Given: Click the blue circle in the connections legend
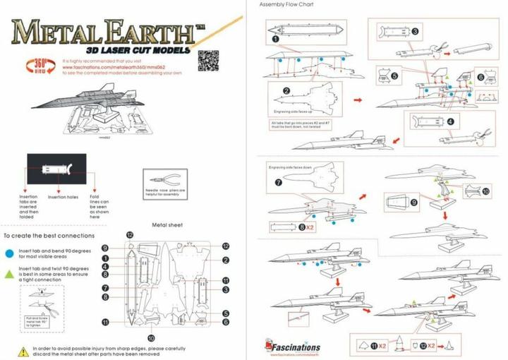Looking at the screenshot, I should pyautogui.click(x=9, y=251).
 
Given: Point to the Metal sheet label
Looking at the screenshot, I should pyautogui.click(x=169, y=226).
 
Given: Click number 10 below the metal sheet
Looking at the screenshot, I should pyautogui.click(x=151, y=338).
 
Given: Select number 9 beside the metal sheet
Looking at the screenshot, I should pyautogui.click(x=104, y=248).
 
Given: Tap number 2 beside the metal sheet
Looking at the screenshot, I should pyautogui.click(x=226, y=260).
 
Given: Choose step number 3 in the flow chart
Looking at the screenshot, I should pyautogui.click(x=415, y=31).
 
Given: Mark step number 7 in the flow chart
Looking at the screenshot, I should pyautogui.click(x=277, y=182).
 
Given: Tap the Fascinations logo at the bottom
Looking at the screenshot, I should pyautogui.click(x=293, y=347).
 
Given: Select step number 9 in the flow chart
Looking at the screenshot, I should pyautogui.click(x=413, y=202).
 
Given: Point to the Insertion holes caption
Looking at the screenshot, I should pyautogui.click(x=62, y=197).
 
